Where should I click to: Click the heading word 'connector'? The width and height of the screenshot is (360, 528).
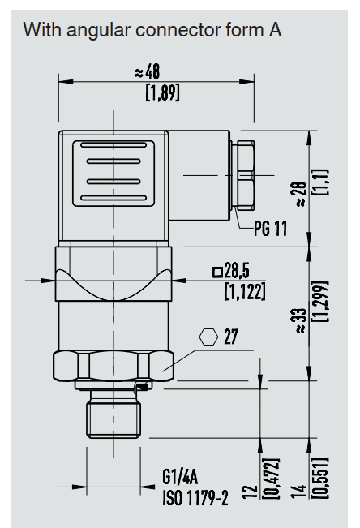pyautogui.click(x=178, y=30)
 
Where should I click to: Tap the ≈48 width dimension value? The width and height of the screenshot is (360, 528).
pyautogui.click(x=148, y=71)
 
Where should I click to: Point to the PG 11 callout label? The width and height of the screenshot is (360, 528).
pyautogui.click(x=271, y=229)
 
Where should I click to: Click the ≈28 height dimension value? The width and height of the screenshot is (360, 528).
pyautogui.click(x=300, y=195)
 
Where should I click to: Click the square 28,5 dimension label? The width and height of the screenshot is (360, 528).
pyautogui.click(x=231, y=271)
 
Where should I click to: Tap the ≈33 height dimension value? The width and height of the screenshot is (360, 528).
pyautogui.click(x=301, y=321)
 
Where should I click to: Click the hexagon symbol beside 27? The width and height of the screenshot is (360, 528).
pyautogui.click(x=208, y=337)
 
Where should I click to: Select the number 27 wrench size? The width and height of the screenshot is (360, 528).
pyautogui.click(x=231, y=337)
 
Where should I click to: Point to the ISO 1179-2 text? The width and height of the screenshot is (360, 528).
pyautogui.click(x=195, y=498)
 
